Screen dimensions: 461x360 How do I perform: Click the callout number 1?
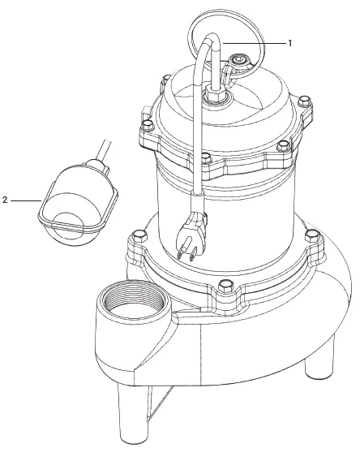(290, 40)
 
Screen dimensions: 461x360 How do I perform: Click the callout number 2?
(6, 199)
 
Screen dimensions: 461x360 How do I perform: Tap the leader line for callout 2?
(26, 199)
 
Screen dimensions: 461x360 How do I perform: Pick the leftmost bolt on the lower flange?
(136, 238)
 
